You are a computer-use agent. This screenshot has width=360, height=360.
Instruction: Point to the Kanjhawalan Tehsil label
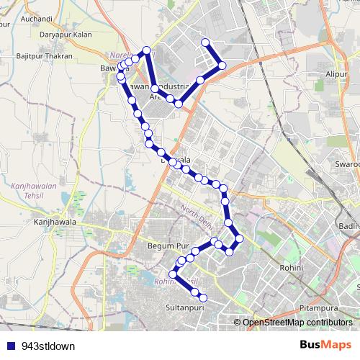[32, 191]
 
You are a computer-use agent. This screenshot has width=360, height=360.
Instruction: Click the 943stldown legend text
[48, 346]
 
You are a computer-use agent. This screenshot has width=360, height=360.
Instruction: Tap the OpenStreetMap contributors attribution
[297, 323]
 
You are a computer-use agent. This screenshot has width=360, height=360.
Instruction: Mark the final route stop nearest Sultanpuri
[203, 297]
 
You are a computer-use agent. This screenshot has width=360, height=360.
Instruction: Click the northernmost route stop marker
[206, 42]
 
